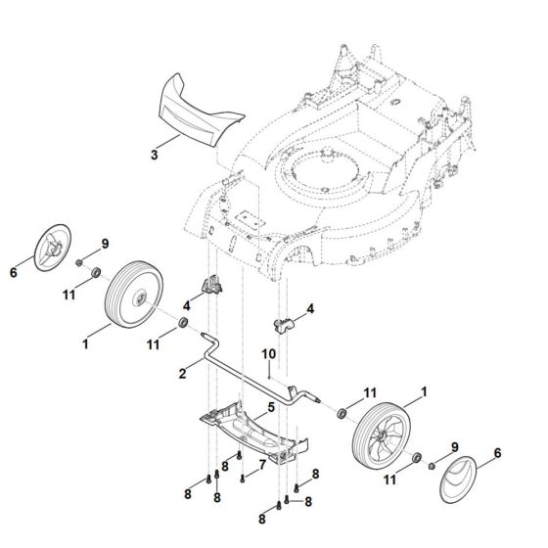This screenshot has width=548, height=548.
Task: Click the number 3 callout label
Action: tap(154, 155)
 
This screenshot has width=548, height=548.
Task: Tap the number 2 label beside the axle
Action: tap(182, 372)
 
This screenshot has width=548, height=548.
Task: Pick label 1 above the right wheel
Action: tap(423, 391)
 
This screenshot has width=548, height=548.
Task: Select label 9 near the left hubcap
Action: tap(106, 243)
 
